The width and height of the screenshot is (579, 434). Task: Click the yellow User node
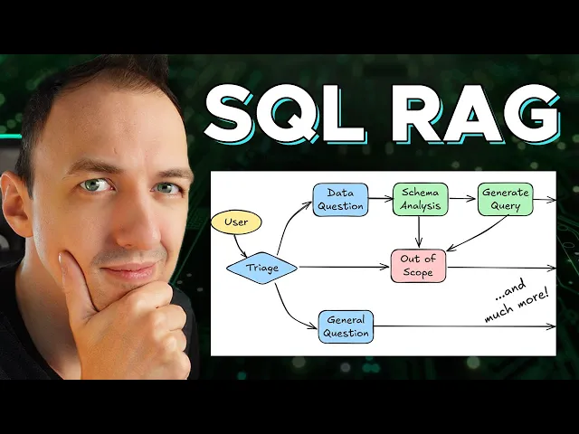(x=235, y=222)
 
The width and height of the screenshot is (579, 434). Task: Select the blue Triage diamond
(x=261, y=267)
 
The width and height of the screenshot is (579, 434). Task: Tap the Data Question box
(x=340, y=199)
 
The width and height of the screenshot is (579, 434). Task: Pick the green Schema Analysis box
(x=419, y=199)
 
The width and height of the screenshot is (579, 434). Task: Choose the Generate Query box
(x=505, y=199)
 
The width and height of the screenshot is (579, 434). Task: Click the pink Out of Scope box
(x=418, y=266)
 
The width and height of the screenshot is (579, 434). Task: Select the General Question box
(x=346, y=326)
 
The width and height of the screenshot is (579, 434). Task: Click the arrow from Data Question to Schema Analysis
(x=380, y=198)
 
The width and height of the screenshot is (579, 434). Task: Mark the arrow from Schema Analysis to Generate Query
(x=461, y=198)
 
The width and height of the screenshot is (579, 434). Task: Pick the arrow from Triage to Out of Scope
(x=344, y=267)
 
